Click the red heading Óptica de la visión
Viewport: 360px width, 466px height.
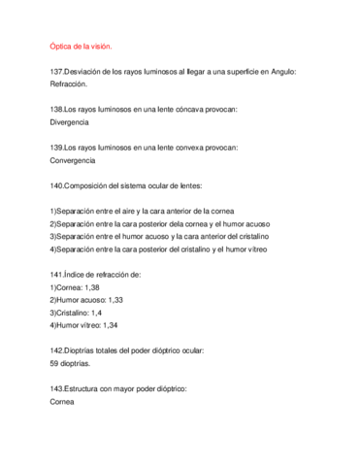[x=81, y=47]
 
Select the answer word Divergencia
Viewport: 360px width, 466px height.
[x=69, y=122]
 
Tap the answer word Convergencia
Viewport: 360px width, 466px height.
[x=72, y=159]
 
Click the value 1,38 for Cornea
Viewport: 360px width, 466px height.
[x=91, y=286]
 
